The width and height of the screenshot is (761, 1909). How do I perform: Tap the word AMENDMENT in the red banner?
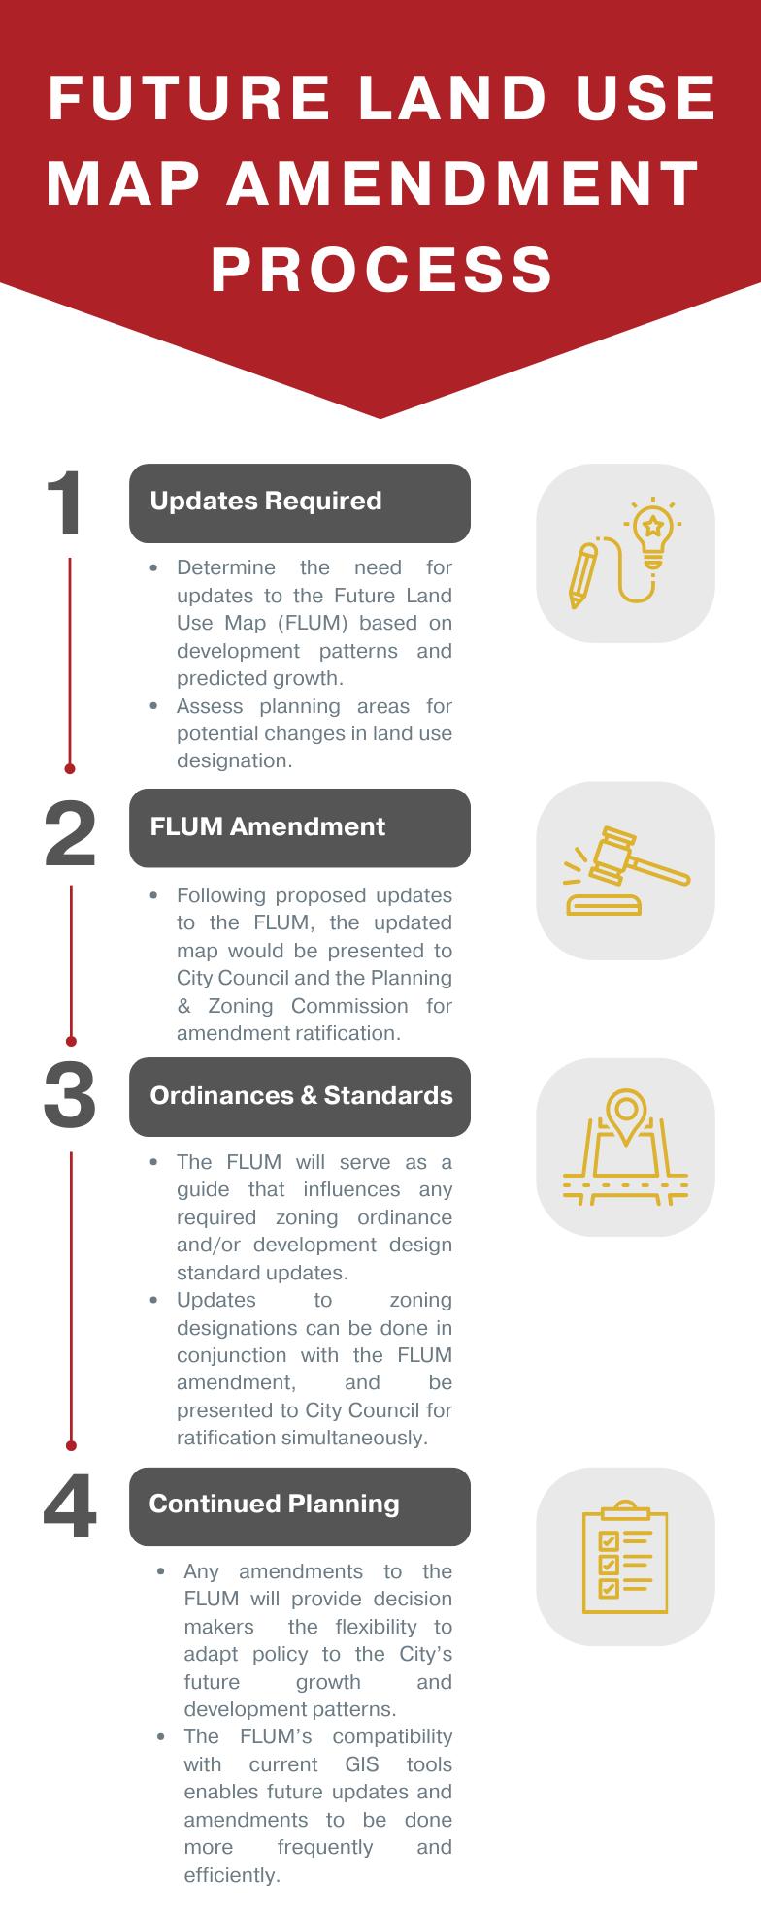462,183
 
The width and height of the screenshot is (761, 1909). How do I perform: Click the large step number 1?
68,503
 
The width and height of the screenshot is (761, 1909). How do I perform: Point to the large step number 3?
70,1095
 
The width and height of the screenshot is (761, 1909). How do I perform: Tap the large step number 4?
70,1507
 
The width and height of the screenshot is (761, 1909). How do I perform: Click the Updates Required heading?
266,502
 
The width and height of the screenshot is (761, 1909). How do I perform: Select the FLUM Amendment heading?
267,826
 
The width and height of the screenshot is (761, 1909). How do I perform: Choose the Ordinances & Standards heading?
301,1095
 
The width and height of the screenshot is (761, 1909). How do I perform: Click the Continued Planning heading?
274,1504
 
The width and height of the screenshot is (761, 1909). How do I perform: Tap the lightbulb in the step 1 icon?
653,532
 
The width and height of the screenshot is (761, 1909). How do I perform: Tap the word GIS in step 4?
361,1763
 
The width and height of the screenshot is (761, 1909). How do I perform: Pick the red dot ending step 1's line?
70,768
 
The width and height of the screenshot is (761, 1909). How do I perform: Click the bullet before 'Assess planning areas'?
154,706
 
